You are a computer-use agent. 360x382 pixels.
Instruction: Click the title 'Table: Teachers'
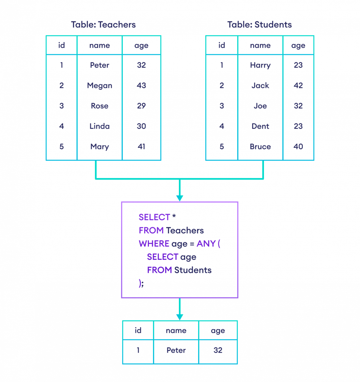point(103,25)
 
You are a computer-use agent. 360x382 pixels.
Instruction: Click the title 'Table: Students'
point(259,25)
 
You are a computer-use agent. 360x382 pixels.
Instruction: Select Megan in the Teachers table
point(99,86)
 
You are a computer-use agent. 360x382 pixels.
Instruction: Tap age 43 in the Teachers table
point(141,86)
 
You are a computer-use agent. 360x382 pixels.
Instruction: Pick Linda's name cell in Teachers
point(99,126)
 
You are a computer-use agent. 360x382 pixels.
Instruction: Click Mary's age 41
point(141,147)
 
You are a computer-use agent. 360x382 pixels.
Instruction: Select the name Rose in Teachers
point(99,106)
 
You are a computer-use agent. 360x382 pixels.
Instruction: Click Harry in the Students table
point(260,65)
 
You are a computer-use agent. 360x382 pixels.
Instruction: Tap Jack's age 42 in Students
point(298,86)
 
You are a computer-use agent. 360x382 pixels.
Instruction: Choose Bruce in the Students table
point(260,147)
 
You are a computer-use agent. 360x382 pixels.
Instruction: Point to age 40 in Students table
point(298,147)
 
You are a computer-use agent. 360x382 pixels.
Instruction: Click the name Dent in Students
point(260,126)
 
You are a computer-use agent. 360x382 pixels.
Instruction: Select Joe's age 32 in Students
point(298,106)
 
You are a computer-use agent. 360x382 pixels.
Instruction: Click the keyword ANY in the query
point(206,244)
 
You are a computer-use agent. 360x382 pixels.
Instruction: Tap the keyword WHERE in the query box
point(154,244)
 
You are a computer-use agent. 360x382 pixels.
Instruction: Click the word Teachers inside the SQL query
point(185,230)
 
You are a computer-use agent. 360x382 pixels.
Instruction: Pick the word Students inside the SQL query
point(193,270)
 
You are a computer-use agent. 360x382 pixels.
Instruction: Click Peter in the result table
point(176,350)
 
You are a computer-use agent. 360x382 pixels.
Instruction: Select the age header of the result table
point(218,331)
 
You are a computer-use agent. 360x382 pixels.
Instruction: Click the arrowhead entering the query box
point(180,198)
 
